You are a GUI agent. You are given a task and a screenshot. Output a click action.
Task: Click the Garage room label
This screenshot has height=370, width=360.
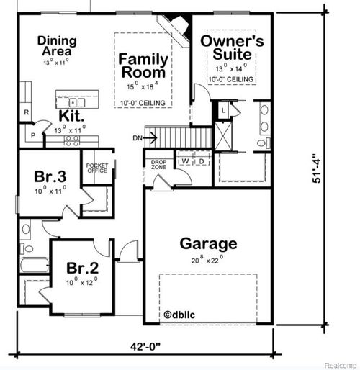pyautogui.click(x=208, y=243)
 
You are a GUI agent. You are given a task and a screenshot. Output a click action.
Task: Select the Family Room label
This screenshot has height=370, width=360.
pyautogui.click(x=143, y=66)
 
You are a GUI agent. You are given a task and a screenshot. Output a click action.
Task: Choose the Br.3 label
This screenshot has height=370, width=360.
pyautogui.click(x=50, y=176)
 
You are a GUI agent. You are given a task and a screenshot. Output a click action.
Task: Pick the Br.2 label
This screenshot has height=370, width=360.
pyautogui.click(x=82, y=268)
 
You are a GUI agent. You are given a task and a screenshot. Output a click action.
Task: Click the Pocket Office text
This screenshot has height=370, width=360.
pyautogui.click(x=96, y=168)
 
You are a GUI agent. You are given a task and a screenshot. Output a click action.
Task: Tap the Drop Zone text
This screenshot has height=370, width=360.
pyautogui.click(x=158, y=165)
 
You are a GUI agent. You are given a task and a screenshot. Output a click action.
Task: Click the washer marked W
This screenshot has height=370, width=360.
pyautogui.click(x=184, y=161)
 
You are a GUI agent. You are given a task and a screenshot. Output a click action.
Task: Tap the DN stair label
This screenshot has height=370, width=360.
pyautogui.click(x=138, y=137)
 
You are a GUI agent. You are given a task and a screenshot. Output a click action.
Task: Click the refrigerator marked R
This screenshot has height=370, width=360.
pyautogui.click(x=26, y=112)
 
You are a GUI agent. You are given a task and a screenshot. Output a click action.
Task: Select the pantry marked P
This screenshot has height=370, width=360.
pyautogui.click(x=32, y=135)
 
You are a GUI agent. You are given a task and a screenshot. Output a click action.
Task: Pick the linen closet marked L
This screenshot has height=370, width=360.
pyautogui.click(x=224, y=109)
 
